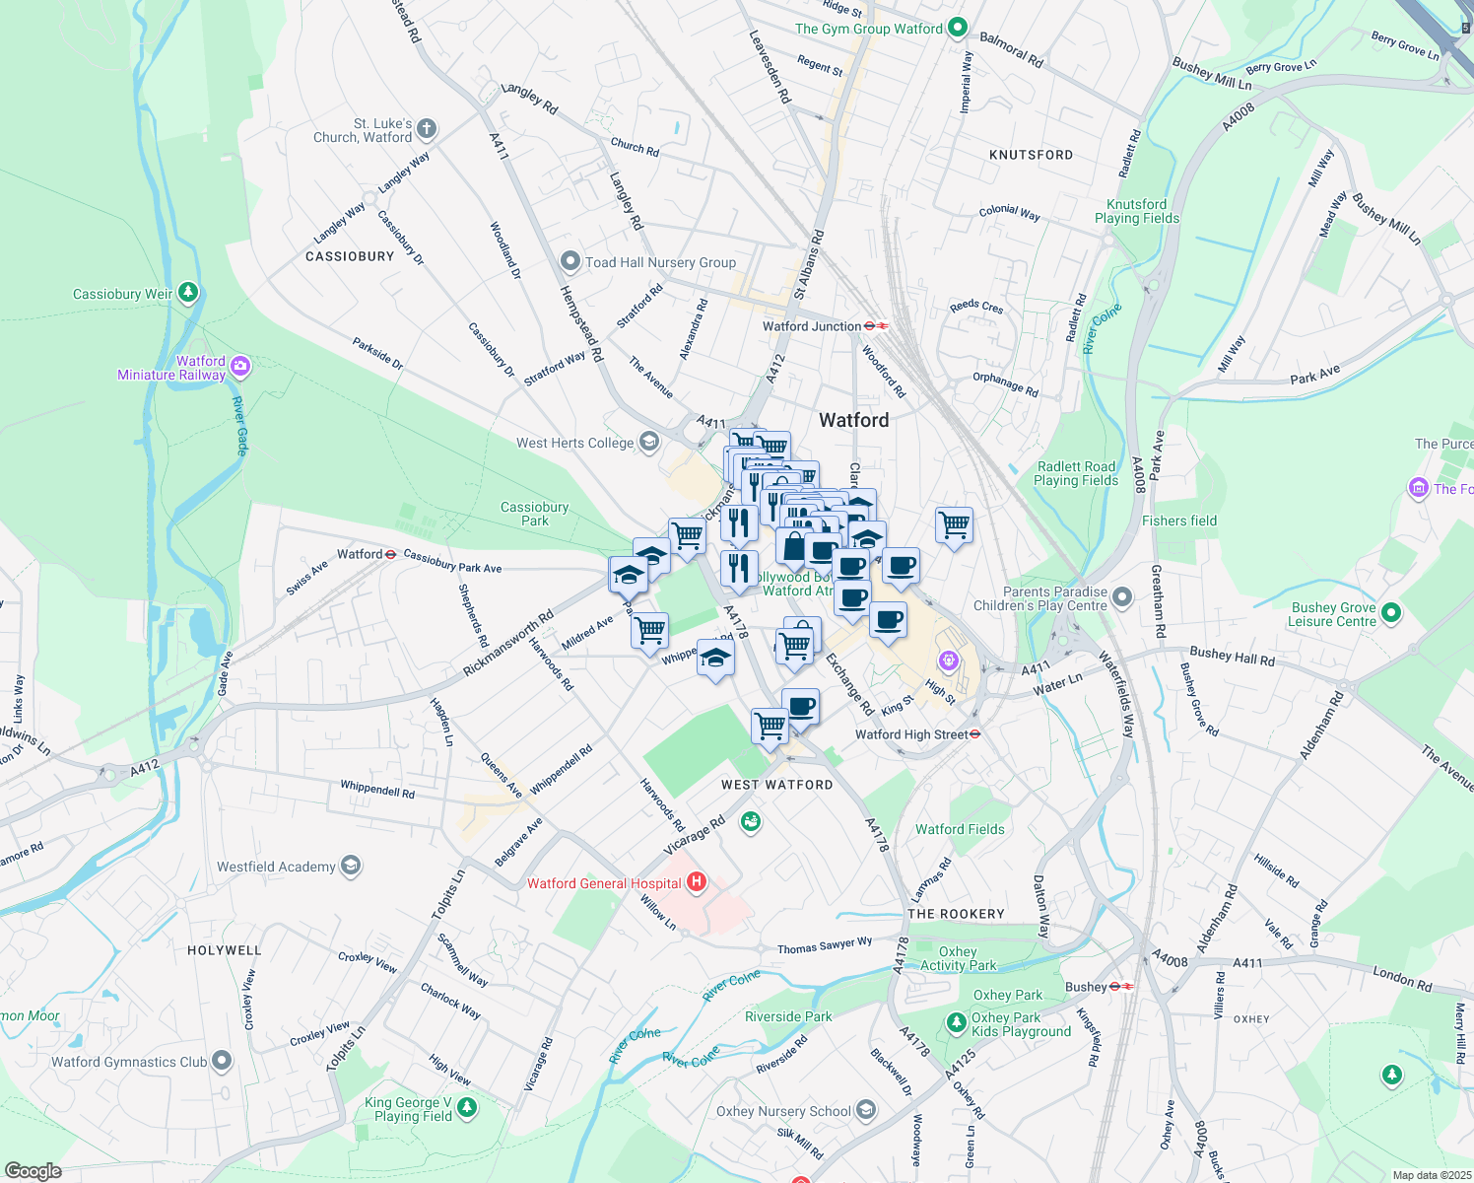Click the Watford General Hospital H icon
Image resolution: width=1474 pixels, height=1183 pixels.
pos(697,881)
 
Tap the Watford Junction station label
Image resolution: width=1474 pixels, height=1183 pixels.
pos(813,326)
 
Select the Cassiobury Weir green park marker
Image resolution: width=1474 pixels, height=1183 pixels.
pos(188,293)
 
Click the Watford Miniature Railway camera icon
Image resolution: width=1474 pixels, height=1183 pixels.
pos(239,367)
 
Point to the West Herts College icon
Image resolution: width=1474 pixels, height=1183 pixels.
pos(648,442)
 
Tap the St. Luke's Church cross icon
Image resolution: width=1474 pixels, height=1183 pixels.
pos(426,128)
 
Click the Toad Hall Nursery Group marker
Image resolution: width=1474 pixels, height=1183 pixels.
pos(569,261)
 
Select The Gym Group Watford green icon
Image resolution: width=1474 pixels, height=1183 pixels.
pos(957,29)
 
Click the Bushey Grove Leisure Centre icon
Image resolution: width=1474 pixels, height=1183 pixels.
pos(1390,613)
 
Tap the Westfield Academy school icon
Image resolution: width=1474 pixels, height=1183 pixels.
pos(350,866)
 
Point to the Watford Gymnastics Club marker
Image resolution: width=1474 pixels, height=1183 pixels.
pos(222,1061)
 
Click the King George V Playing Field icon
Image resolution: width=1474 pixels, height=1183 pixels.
pos(467,1108)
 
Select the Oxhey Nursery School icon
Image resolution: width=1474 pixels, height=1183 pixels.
pos(865,1110)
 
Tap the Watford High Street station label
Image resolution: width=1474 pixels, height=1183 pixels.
pos(911,734)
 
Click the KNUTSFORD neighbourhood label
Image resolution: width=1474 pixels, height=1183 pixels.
pos(1031,155)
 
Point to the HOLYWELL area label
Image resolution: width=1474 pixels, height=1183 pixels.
pos(225,950)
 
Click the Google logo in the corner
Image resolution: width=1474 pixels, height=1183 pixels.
pos(33,1170)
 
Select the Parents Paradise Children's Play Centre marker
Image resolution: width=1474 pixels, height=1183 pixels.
pos(1122,597)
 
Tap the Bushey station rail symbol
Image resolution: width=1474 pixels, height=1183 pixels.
pos(1121,986)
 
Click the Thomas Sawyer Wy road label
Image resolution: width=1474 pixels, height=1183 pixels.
pos(825,946)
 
